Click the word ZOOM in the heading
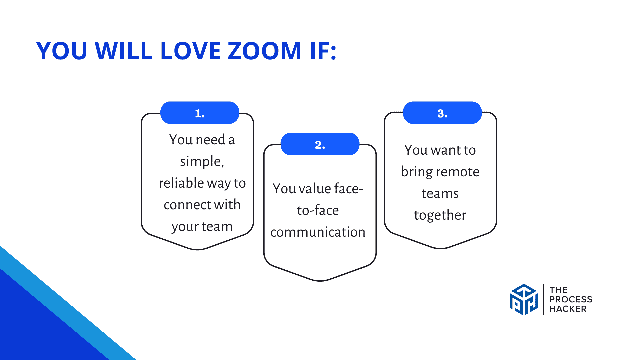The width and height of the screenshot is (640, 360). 264,51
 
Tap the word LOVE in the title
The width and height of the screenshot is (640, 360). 190,51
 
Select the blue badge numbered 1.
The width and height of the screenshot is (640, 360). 200,113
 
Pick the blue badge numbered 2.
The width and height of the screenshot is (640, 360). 320,144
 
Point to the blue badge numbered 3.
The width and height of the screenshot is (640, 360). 442,113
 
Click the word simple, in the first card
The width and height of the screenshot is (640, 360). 202,162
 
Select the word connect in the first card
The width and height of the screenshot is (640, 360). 183,205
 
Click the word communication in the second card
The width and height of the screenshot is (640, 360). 318,232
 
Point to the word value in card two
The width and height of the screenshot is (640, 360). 315,189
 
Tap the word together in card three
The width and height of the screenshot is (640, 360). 440,215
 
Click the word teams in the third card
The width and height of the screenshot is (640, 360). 440,194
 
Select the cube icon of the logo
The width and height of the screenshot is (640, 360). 524,299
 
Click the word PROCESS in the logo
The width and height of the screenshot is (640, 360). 570,299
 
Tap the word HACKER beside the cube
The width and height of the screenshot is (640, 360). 568,309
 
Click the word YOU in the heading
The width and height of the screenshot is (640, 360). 62,51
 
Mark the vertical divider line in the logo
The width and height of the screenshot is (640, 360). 544,299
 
